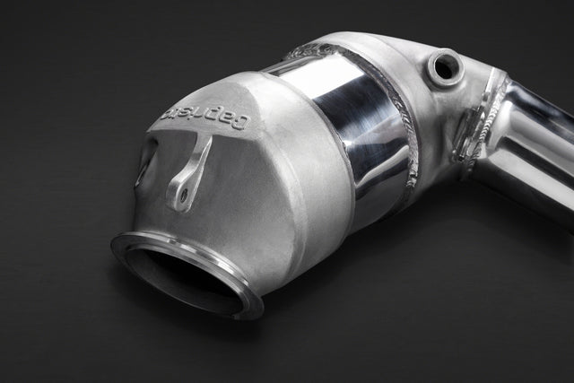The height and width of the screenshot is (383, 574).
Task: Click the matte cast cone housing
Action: click(233, 206)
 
